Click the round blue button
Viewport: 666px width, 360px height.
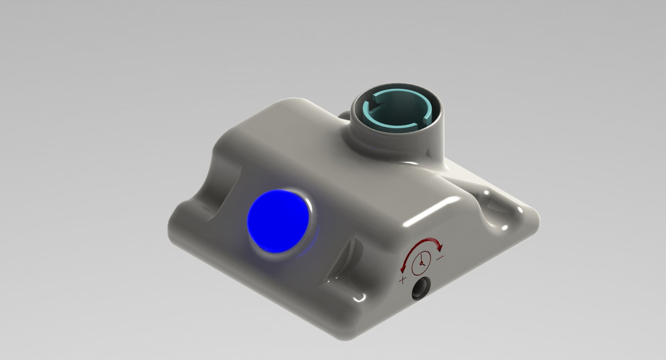click(x=278, y=222)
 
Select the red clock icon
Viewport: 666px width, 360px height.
click(x=420, y=263)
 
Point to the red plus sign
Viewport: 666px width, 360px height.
click(x=403, y=280)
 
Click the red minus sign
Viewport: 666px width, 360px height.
click(x=441, y=257)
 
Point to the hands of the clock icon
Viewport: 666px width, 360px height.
click(x=421, y=262)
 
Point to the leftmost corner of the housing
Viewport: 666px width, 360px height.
click(x=169, y=229)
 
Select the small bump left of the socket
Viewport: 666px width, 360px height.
click(x=343, y=114)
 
